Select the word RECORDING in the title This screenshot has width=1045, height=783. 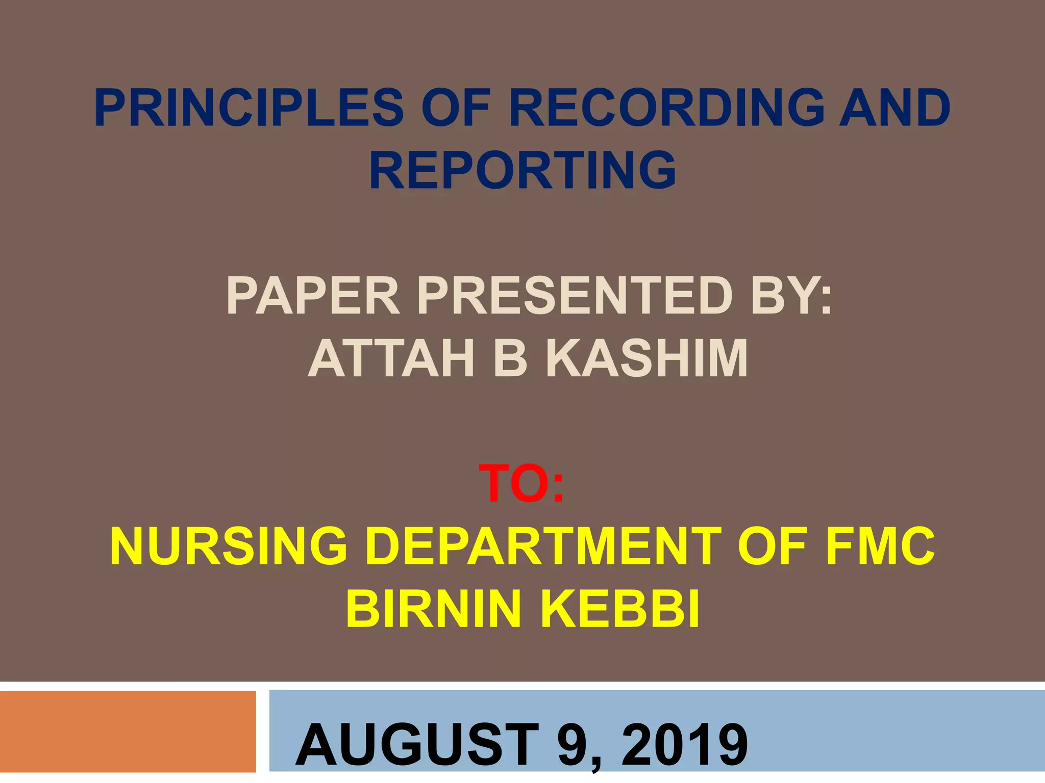(666, 108)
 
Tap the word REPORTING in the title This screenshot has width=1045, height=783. (522, 170)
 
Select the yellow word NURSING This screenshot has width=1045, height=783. (229, 547)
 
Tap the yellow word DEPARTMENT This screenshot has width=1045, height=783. (543, 547)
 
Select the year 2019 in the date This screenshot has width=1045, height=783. (684, 745)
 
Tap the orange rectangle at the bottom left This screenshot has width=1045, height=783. (128, 732)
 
